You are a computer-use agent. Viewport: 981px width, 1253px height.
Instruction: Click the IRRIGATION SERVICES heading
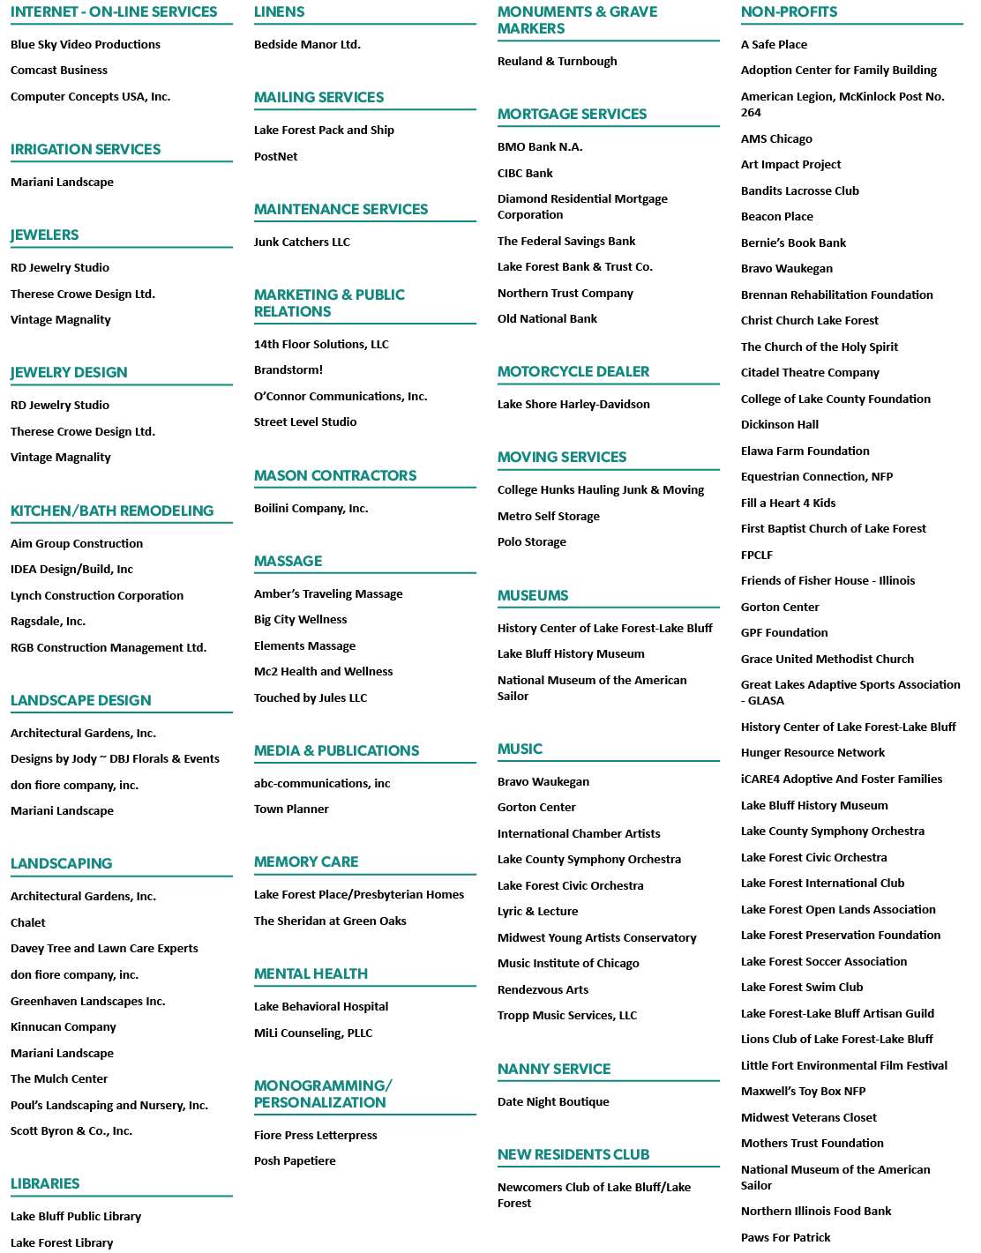86,149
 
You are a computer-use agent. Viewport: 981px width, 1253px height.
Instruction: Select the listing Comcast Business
59,71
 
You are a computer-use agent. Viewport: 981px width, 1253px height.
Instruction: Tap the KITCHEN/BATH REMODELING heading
112,511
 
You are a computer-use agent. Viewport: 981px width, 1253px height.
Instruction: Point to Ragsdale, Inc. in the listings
48,622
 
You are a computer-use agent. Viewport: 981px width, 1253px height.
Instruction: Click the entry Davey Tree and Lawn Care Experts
104,949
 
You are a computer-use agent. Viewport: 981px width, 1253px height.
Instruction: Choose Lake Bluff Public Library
76,1217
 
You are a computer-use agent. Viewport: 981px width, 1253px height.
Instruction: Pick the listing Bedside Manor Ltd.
307,44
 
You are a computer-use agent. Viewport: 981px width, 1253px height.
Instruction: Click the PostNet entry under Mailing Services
275,156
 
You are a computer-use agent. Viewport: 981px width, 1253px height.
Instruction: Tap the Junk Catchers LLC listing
302,242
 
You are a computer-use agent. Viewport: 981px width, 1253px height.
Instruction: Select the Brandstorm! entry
288,370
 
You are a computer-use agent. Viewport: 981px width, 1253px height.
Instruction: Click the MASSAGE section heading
288,561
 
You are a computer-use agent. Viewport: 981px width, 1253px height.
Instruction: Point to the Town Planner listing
291,809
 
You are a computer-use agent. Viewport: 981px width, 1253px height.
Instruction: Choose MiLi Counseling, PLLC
313,1033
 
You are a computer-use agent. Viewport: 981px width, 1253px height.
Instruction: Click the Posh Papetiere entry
295,1160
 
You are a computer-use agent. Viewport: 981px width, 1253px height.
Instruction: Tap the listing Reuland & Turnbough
558,61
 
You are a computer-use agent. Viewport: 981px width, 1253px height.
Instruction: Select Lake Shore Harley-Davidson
573,404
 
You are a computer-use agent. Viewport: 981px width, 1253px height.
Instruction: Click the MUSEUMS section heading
533,596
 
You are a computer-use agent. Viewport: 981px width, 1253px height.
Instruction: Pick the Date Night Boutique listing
553,1102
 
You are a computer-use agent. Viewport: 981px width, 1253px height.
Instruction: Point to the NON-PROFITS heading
789,11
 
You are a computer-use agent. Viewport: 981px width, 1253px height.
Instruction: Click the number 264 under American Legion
751,113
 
